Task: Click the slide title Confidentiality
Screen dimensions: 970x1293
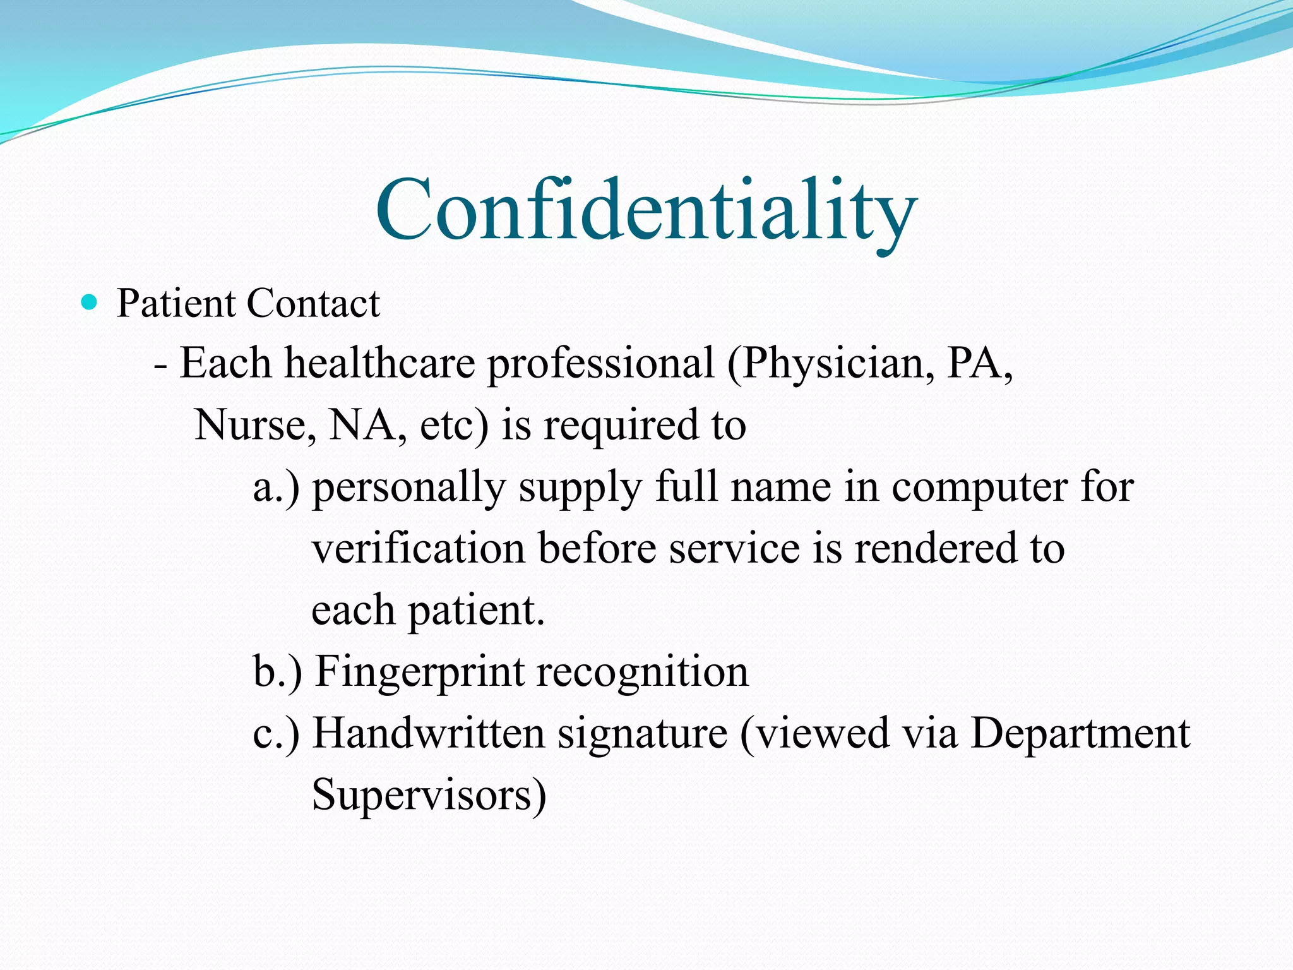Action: click(x=646, y=210)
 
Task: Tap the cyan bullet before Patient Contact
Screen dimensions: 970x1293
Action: click(x=90, y=303)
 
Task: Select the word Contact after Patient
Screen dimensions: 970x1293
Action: click(x=313, y=303)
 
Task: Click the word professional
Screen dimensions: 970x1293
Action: click(x=601, y=364)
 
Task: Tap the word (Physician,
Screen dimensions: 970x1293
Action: click(x=831, y=364)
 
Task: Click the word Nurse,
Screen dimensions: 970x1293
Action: click(x=255, y=425)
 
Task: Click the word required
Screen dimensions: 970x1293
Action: click(x=622, y=425)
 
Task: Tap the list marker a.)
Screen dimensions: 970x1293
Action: click(x=277, y=487)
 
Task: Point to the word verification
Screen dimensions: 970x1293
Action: click(x=419, y=548)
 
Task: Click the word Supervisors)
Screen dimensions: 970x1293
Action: click(x=429, y=794)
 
